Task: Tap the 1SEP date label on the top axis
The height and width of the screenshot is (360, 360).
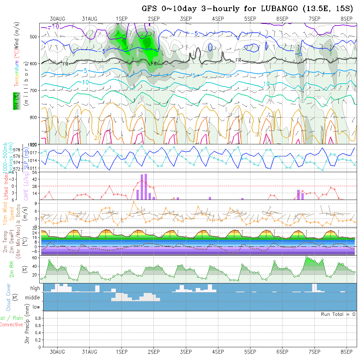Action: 121,19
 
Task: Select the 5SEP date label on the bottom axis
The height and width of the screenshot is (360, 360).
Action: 250,352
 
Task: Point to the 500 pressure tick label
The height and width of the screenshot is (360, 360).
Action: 34,37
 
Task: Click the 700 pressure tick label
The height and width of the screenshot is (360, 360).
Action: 34,90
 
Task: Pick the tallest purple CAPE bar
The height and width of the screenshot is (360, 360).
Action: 146,187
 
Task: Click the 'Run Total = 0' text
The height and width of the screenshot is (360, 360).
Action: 338,314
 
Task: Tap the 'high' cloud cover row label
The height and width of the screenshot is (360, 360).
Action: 35,288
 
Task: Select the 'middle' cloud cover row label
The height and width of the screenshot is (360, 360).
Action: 33,298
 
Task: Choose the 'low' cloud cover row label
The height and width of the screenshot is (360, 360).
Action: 36,307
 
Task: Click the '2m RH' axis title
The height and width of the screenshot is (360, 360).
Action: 12,270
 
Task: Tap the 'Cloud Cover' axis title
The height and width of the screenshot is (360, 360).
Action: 9,297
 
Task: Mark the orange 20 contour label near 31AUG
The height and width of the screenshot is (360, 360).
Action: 98,138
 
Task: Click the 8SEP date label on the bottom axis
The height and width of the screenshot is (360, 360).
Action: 346,352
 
